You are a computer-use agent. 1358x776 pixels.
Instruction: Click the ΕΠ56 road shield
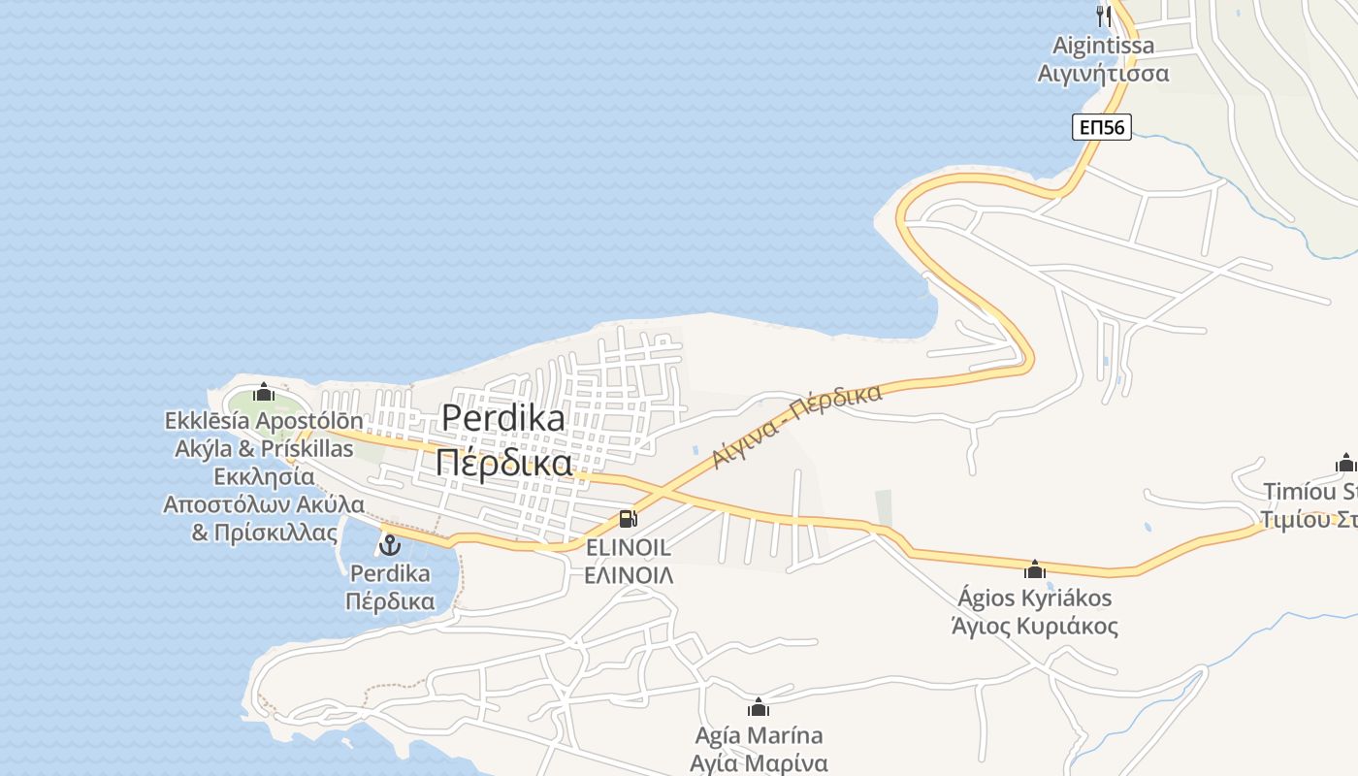coord(1102,127)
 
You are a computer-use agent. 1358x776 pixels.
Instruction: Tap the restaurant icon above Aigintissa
coord(1103,16)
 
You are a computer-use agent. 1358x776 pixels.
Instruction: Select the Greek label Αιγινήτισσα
coord(1103,74)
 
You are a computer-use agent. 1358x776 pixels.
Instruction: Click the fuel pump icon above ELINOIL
coord(628,519)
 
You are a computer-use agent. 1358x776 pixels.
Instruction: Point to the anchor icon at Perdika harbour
coord(389,544)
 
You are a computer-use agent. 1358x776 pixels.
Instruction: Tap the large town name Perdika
coord(502,417)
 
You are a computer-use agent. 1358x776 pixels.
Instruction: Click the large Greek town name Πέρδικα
coord(502,463)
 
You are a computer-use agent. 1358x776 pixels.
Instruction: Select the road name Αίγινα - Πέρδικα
coord(797,426)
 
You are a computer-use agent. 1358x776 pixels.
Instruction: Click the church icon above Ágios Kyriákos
coord(1034,568)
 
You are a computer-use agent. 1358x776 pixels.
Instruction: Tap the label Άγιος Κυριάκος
coord(1034,626)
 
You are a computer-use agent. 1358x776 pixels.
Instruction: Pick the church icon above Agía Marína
coord(759,707)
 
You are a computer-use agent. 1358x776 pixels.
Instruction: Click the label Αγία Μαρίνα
coord(759,762)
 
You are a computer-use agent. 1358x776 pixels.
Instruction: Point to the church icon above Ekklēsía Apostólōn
coord(264,393)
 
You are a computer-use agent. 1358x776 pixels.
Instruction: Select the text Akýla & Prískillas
coord(264,449)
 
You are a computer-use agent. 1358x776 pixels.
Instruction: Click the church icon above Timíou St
coord(1345,463)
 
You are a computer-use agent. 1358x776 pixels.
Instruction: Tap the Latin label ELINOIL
coord(628,548)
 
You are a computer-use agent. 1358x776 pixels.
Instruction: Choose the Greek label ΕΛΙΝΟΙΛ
coord(628,574)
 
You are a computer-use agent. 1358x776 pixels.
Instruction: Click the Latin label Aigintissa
coord(1103,46)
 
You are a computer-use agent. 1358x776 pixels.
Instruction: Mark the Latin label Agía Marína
coord(759,735)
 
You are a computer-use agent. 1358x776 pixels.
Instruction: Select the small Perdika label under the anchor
coord(389,573)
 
